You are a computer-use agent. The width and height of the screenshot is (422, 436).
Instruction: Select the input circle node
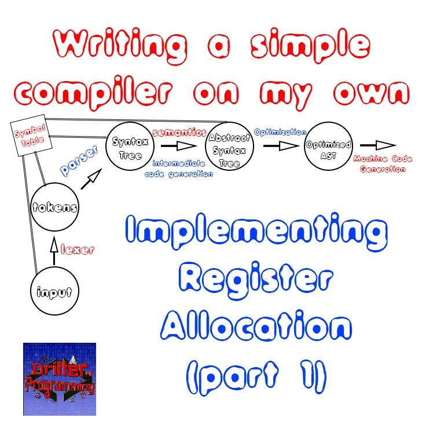click(x=54, y=292)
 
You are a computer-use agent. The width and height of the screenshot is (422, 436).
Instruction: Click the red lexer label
click(x=77, y=250)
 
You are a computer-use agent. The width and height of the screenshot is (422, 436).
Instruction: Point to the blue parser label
click(x=79, y=161)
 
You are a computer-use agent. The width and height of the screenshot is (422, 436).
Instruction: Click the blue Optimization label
click(x=280, y=132)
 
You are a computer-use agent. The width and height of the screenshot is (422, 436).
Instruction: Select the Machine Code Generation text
click(x=379, y=163)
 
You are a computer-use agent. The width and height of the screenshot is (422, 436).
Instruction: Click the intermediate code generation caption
click(x=179, y=168)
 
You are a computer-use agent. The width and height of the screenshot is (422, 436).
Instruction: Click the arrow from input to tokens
click(x=54, y=252)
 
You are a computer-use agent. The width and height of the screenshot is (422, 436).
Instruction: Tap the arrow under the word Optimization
click(x=280, y=146)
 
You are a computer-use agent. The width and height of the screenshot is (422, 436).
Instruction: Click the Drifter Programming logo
click(x=59, y=379)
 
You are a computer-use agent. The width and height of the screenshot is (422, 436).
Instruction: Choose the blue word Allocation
click(x=256, y=329)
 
